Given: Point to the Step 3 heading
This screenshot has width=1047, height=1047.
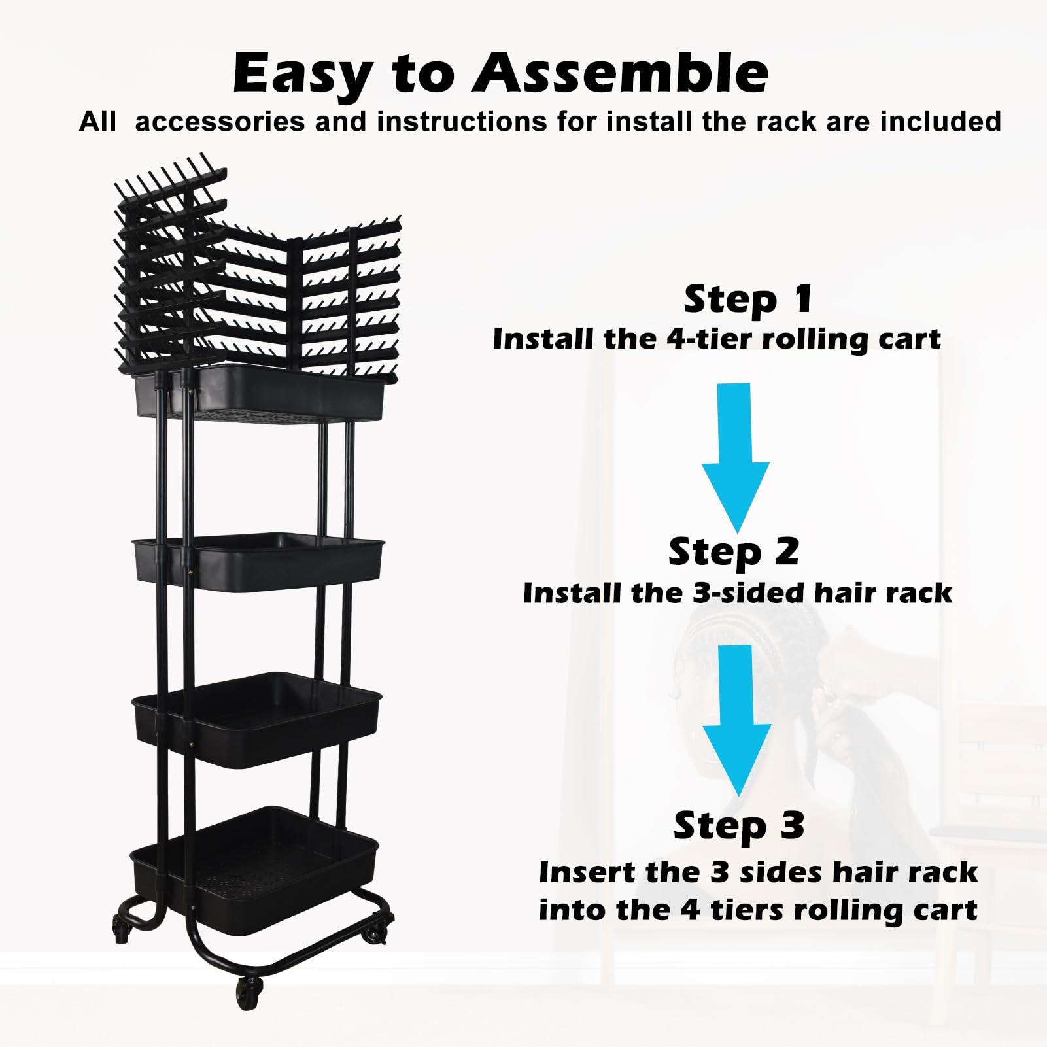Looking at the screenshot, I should pos(738,825).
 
